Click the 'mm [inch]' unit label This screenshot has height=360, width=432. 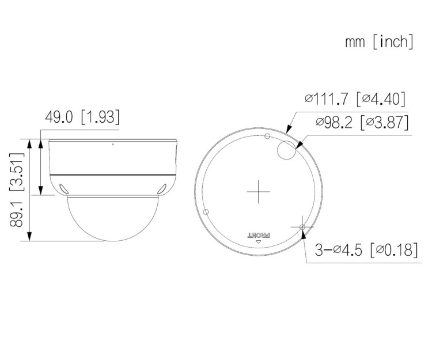(379, 42)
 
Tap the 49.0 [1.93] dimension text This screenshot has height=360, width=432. (82, 118)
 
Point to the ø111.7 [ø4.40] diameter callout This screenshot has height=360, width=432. (356, 98)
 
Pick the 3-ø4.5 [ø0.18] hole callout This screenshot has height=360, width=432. (365, 250)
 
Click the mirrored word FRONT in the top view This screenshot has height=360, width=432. (258, 235)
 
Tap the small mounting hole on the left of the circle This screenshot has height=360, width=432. (205, 211)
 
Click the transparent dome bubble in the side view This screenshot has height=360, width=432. (104, 219)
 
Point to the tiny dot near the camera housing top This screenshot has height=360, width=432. (112, 144)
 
